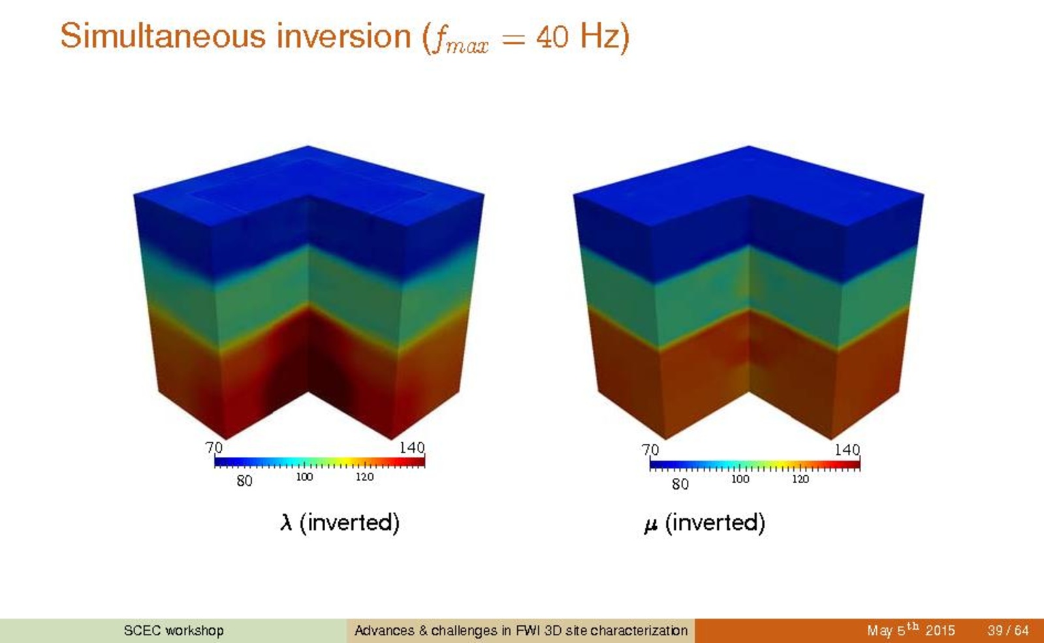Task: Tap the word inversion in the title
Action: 344,35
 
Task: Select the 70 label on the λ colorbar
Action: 214,448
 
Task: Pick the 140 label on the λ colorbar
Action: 412,448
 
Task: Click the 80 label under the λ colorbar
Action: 244,481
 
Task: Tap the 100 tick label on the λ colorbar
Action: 304,477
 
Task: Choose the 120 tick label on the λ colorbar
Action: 364,477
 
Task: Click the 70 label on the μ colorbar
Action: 650,450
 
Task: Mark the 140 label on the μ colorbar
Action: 847,450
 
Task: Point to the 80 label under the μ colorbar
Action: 680,484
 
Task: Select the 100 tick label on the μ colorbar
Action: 740,479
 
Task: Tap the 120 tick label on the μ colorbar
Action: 800,479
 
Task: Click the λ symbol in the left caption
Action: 286,522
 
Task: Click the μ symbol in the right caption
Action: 651,525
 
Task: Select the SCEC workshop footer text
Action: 174,631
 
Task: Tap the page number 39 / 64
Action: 1007,631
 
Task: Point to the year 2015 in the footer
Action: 940,631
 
